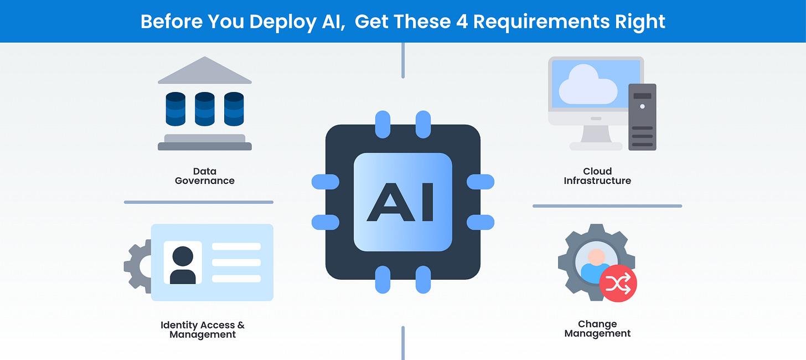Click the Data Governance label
[x=205, y=176]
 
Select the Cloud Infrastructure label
[x=597, y=176]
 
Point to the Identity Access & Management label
[x=203, y=330]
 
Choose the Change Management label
[x=597, y=328]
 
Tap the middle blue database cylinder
[x=204, y=109]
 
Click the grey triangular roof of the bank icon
[x=205, y=71]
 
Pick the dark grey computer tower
[x=642, y=117]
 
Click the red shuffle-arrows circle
[x=618, y=284]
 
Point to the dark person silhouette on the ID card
[x=183, y=265]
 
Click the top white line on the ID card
[x=236, y=246]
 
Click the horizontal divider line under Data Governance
[x=198, y=202]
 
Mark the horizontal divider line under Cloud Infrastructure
[x=607, y=206]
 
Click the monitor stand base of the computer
[x=596, y=146]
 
